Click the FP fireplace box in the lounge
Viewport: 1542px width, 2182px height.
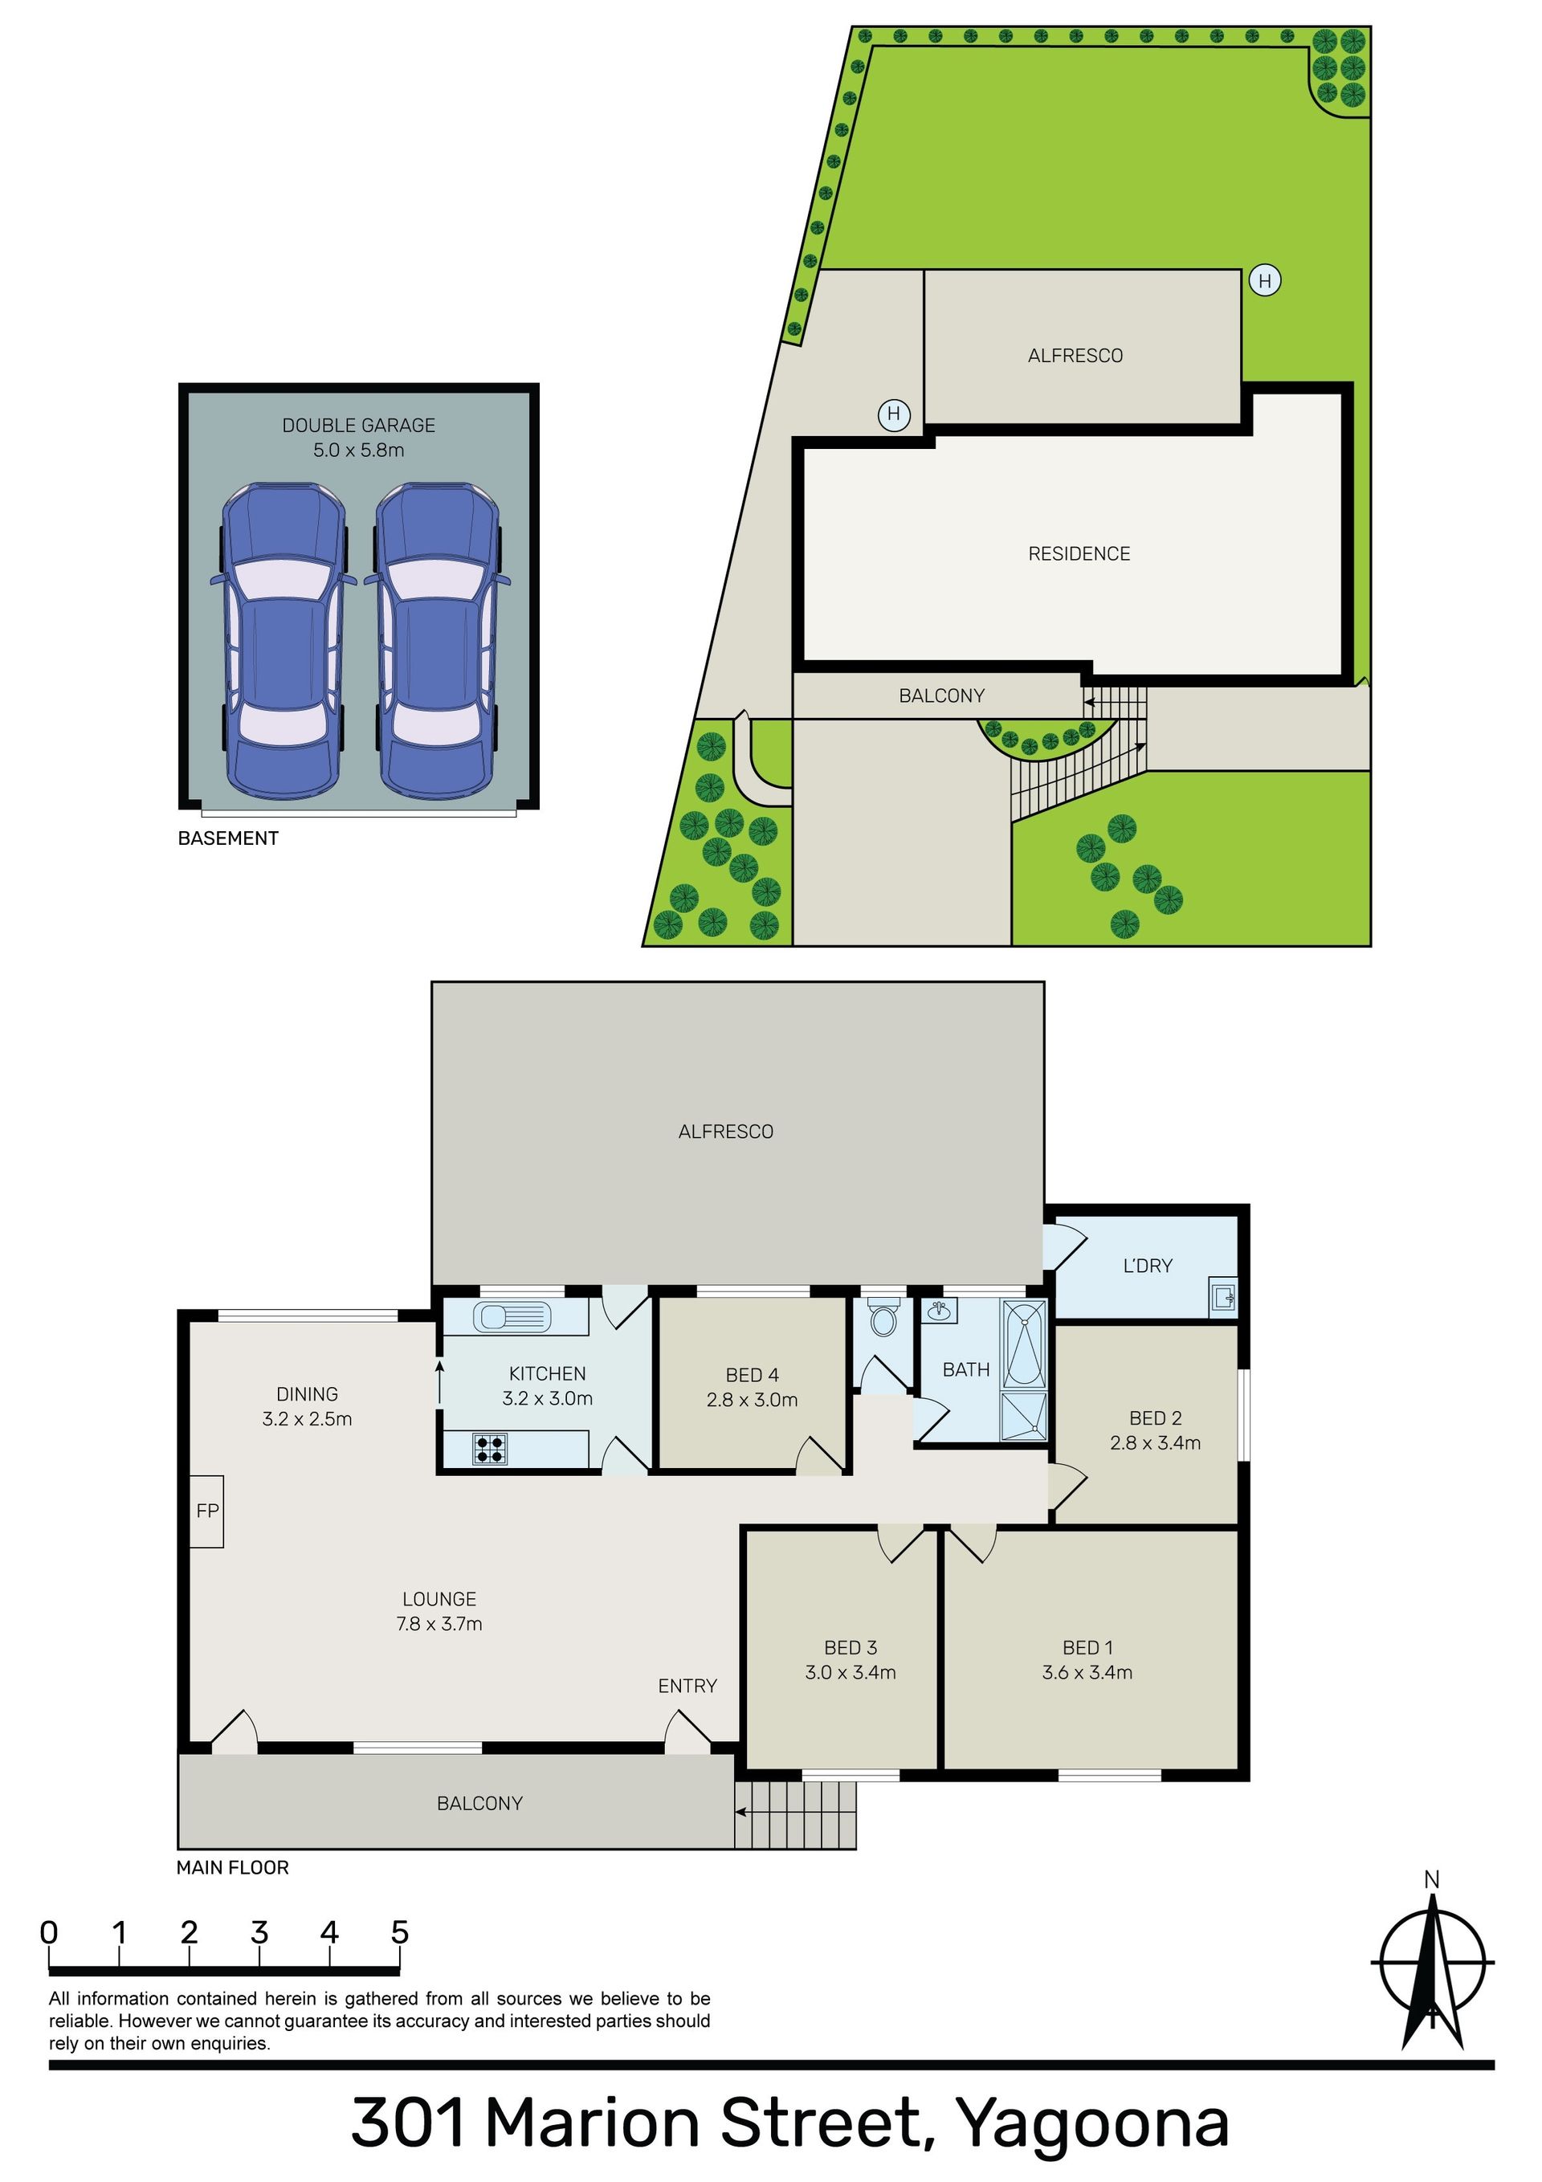(x=206, y=1511)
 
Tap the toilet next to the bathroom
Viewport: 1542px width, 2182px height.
(x=883, y=1317)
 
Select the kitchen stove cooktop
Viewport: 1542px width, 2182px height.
(x=490, y=1448)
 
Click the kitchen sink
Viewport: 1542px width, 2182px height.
(x=513, y=1316)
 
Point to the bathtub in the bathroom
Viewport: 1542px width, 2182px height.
(x=1025, y=1343)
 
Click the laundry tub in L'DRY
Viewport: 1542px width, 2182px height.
(x=1223, y=1295)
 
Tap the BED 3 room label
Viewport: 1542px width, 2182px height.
(x=851, y=1648)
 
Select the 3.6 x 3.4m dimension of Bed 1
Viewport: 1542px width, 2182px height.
(x=1087, y=1673)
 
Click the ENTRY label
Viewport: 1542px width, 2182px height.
(x=687, y=1686)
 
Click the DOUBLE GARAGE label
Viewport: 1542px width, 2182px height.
(x=358, y=426)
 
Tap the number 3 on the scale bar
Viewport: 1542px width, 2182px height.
(x=259, y=1932)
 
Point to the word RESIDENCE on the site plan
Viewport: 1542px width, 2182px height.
(x=1079, y=554)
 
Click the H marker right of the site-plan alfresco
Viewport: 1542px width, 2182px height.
(x=1264, y=281)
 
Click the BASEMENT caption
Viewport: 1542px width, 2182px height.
(x=228, y=838)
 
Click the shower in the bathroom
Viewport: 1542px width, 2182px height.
(x=1025, y=1415)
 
